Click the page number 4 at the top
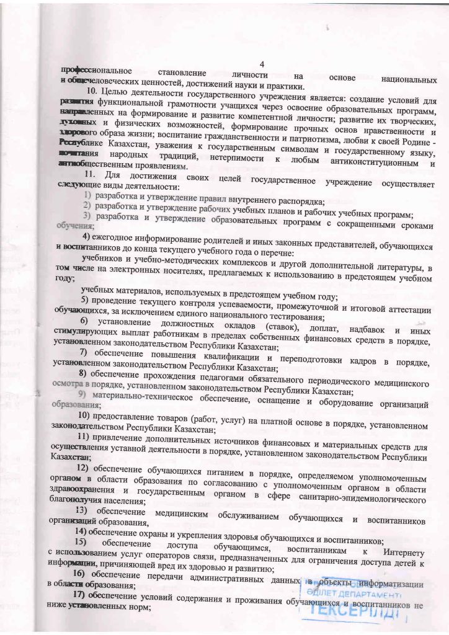click(262, 64)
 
